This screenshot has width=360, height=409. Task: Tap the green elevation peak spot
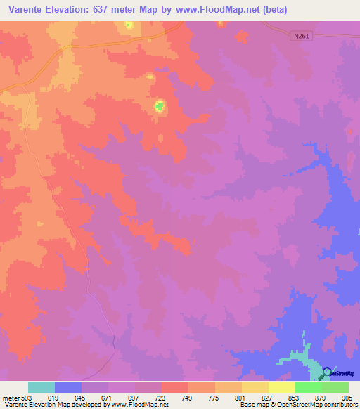click(x=160, y=107)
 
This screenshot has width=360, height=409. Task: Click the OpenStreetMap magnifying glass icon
click(x=327, y=372)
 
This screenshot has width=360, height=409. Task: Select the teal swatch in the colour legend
click(x=41, y=387)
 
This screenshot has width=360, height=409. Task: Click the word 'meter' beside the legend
click(x=11, y=397)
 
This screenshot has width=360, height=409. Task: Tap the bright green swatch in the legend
click(x=309, y=387)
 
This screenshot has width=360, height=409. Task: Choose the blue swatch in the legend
click(x=68, y=387)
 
